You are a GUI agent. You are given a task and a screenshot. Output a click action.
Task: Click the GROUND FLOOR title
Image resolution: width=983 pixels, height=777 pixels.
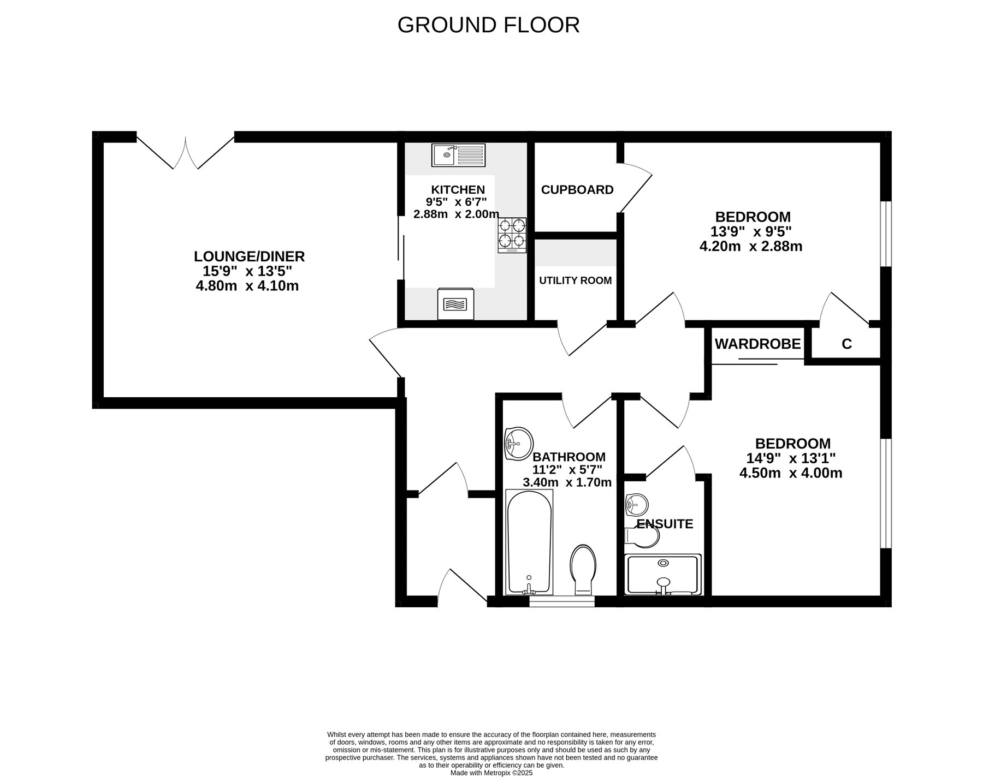[488, 25]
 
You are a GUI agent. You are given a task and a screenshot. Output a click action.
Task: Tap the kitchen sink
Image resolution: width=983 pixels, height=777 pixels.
[458, 155]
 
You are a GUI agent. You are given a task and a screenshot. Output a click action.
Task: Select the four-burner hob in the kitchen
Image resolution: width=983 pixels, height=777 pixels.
[512, 235]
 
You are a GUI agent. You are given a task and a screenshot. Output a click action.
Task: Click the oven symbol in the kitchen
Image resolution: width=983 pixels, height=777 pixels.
[456, 304]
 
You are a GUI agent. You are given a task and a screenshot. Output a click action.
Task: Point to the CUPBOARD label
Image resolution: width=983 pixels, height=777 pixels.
[577, 190]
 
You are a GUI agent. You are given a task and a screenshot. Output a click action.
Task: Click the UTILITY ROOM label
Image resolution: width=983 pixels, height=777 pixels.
[576, 280]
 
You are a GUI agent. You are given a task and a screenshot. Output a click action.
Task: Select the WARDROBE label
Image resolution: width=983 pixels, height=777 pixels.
[757, 344]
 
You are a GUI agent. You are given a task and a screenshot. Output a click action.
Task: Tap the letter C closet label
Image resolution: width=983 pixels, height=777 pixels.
[846, 344]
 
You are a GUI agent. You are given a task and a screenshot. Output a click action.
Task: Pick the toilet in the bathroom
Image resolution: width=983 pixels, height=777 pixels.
[583, 570]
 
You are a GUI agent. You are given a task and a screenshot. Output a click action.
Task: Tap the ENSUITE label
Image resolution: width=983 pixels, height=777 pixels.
[665, 524]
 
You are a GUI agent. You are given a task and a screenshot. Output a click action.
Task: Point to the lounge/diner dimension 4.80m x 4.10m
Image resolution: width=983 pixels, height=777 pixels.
[247, 285]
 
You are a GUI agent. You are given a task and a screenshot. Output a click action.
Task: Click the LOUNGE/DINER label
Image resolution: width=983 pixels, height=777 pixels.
[250, 256]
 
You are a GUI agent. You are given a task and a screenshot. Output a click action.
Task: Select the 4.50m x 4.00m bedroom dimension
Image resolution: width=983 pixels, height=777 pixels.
[791, 473]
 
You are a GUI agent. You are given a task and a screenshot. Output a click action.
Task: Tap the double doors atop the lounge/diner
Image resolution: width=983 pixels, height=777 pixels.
[186, 151]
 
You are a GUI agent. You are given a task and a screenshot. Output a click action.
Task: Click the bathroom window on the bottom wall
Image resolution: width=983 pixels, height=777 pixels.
[562, 601]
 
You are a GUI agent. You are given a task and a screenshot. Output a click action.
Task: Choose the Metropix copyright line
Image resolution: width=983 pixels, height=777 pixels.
[491, 773]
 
